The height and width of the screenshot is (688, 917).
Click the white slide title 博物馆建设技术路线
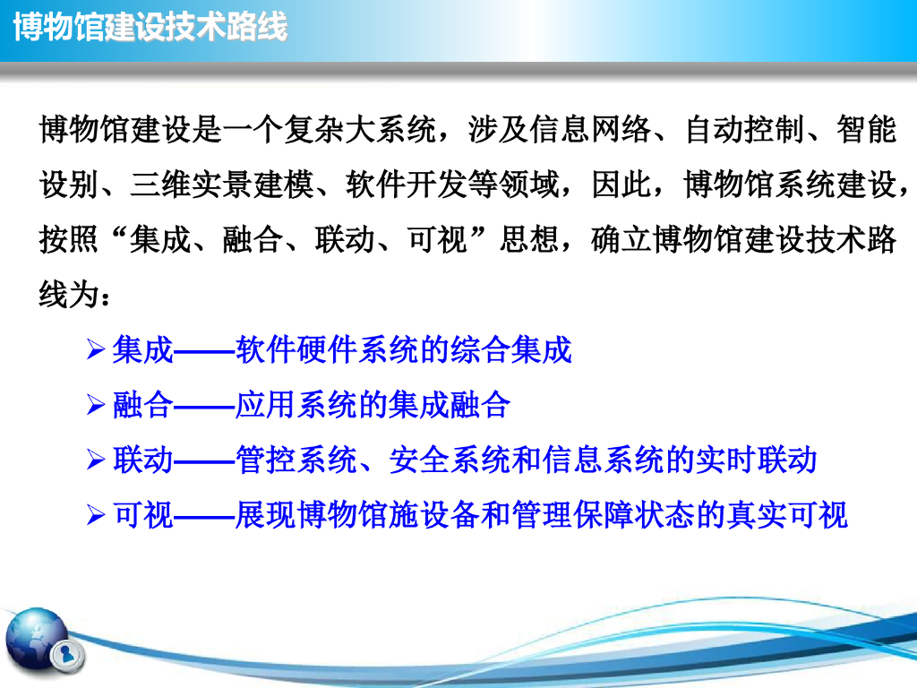(x=150, y=27)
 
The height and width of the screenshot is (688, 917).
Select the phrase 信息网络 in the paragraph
(x=591, y=129)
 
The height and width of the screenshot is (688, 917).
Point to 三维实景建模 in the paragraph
(x=222, y=185)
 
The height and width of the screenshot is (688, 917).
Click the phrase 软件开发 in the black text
(x=407, y=185)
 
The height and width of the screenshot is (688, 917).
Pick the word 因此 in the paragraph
(x=621, y=185)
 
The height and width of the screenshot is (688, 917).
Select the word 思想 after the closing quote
(x=530, y=239)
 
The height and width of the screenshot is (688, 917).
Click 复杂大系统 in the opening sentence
(x=360, y=129)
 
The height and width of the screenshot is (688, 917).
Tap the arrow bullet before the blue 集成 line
(x=95, y=350)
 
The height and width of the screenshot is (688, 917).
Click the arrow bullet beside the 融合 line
(x=95, y=405)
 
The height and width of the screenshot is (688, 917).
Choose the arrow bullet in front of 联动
(x=95, y=460)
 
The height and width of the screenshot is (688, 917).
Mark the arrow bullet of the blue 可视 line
(x=95, y=515)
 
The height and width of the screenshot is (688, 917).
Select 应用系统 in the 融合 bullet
(x=296, y=405)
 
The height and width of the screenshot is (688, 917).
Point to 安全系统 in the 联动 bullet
(x=450, y=460)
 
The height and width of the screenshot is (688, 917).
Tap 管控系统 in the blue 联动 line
(x=296, y=460)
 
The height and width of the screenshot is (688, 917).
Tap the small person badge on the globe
(x=66, y=654)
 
